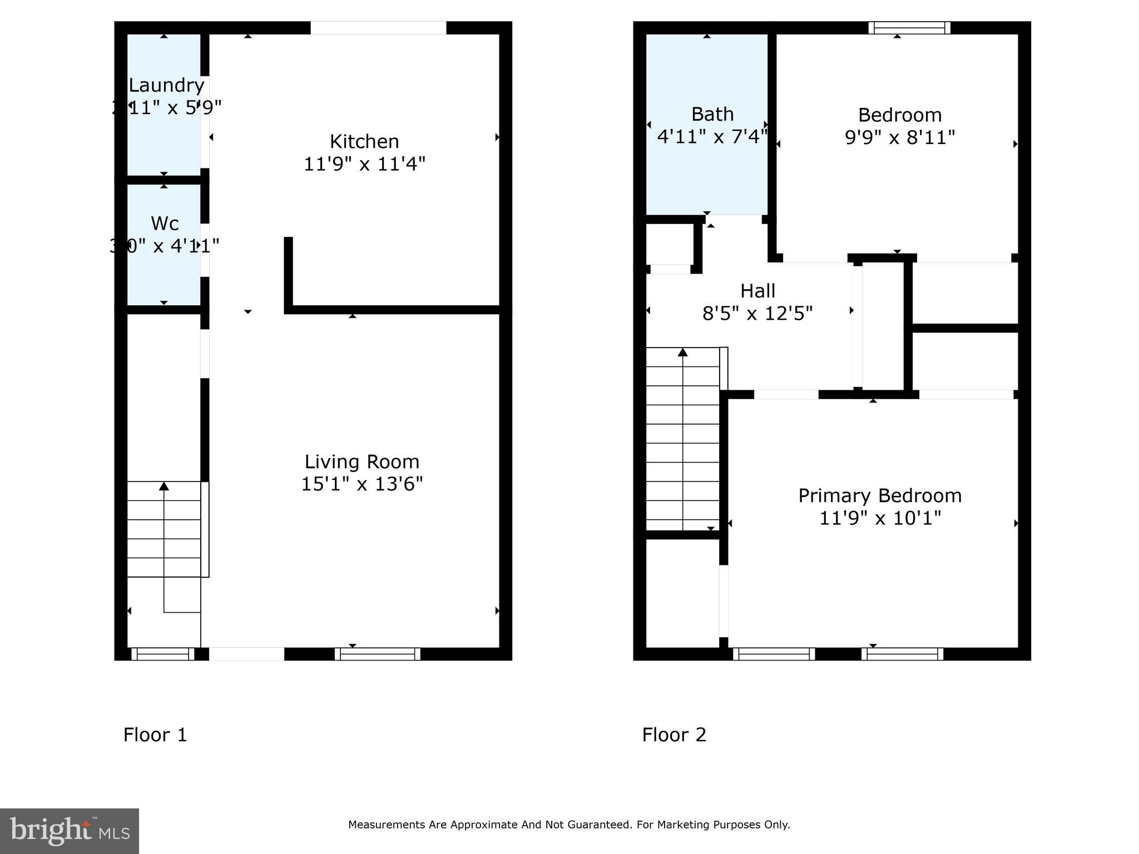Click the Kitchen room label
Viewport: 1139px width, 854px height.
pos(364,141)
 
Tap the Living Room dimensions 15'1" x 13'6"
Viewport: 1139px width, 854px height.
pos(362,484)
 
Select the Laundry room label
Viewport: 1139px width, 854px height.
pos(166,85)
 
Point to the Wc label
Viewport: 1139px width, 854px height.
pos(165,223)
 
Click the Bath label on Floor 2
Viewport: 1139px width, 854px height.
pos(712,114)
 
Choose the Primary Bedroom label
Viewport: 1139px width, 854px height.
pos(880,495)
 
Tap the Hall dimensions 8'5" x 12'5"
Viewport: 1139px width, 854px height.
pos(757,314)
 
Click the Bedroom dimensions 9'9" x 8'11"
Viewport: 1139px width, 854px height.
pos(900,137)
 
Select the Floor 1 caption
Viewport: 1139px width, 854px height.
pos(155,734)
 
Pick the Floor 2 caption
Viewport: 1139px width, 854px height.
pos(674,734)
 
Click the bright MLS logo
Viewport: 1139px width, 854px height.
pos(70,831)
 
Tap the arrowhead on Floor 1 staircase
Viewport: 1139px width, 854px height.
pos(164,486)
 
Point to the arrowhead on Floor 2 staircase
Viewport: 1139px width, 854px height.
pos(683,352)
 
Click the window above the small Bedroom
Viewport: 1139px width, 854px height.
pos(909,28)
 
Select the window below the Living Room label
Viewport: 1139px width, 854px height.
pos(378,654)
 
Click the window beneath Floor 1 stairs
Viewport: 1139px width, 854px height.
pos(163,654)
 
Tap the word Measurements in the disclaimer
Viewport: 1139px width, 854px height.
pos(387,825)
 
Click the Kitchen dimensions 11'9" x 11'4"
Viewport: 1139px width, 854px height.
pos(364,164)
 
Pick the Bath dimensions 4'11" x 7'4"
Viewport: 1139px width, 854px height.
pos(712,137)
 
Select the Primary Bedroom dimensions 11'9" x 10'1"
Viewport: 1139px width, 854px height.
pos(880,518)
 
